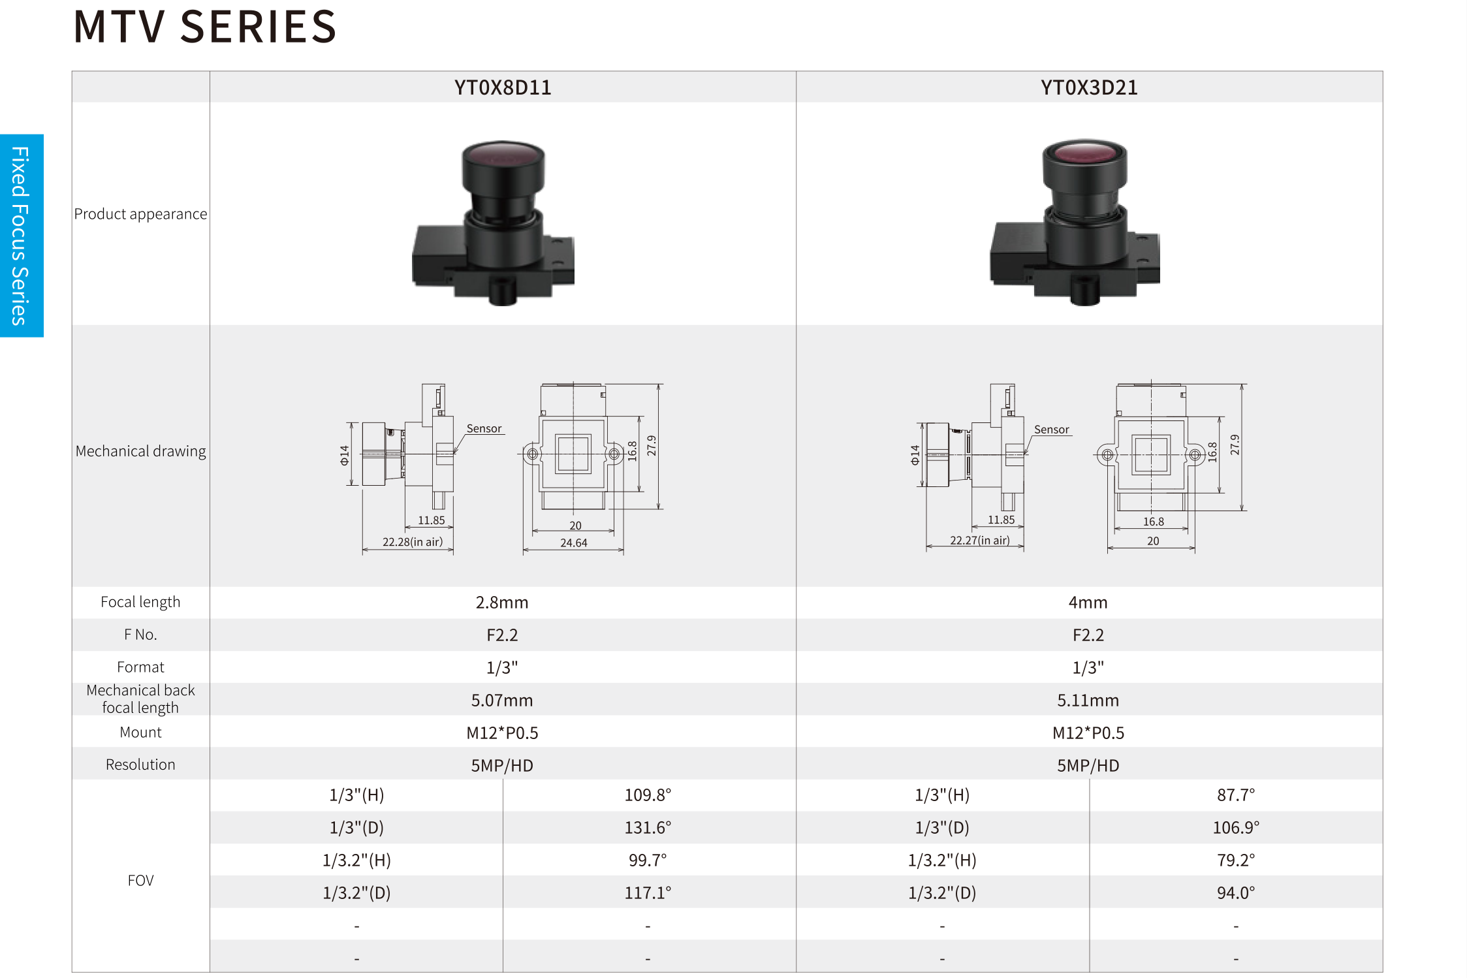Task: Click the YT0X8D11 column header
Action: (503, 87)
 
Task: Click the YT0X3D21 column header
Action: (1089, 87)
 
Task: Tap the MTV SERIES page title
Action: (205, 27)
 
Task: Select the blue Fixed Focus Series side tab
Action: (22, 236)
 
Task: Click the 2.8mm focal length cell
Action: (502, 602)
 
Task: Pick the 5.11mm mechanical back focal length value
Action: (1088, 700)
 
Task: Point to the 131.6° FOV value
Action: (648, 827)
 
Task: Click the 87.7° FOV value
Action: (1236, 795)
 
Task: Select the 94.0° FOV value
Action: (1236, 892)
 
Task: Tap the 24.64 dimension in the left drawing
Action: (574, 543)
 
